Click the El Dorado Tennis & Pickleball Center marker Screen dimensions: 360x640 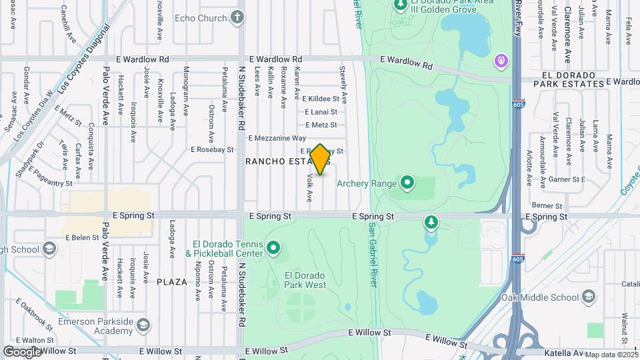273,249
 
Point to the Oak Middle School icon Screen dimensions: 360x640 588,296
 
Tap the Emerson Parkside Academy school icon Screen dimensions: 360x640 142,325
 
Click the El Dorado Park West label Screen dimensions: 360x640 305,280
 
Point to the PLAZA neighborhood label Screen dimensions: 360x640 172,282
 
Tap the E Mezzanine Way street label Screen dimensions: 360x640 277,138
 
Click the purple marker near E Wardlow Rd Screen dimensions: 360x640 501,61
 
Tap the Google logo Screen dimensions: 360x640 22,351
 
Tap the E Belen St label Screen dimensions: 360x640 85,237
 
